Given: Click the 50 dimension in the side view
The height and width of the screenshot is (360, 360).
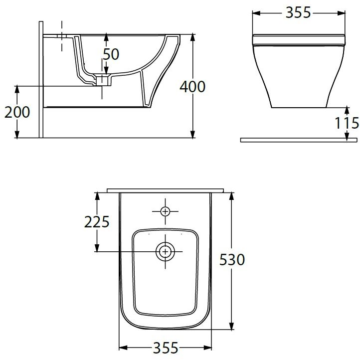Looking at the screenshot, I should click(x=111, y=54).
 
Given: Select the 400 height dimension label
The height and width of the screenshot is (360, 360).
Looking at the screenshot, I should click(x=192, y=86).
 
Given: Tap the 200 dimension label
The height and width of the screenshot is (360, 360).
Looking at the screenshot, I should click(x=17, y=112).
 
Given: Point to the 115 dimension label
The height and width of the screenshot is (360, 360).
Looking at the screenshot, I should click(x=347, y=122).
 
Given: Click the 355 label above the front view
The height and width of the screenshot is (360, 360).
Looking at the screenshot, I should click(x=298, y=12).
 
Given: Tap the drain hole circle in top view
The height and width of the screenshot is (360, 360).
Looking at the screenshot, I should click(x=165, y=252).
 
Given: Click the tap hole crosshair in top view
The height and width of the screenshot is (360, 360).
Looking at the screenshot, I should click(x=165, y=211).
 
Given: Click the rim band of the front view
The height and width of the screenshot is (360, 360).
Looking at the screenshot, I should click(x=299, y=38).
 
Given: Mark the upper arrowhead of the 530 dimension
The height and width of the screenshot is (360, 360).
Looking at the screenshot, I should click(x=231, y=196).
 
